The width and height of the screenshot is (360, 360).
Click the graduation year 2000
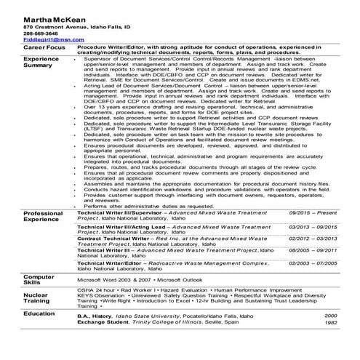[331, 316]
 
